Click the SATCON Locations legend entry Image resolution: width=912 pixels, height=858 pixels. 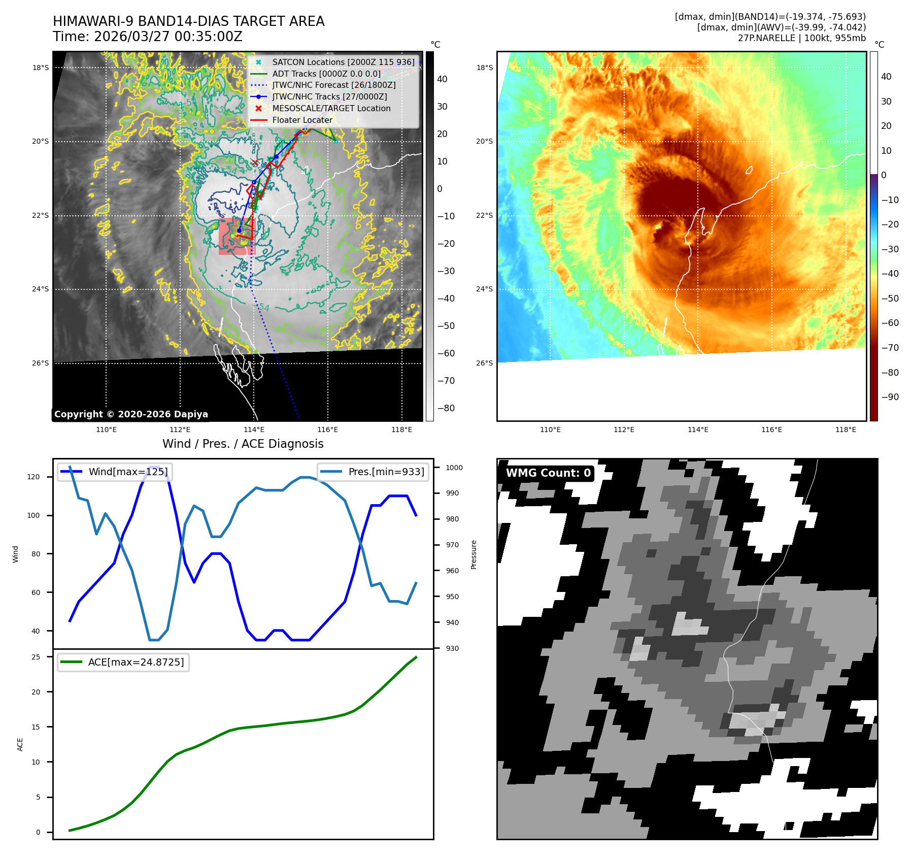pos(343,62)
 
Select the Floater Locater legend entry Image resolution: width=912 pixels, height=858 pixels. pos(302,120)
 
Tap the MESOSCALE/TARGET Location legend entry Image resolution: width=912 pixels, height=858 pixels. pos(331,108)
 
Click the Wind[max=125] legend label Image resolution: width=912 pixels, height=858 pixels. pos(128,472)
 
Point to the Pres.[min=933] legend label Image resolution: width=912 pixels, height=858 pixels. pos(386,472)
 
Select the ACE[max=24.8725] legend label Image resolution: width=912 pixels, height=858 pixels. pos(136,662)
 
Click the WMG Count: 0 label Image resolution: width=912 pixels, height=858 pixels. pos(548,473)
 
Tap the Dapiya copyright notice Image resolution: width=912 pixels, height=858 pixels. pos(131,414)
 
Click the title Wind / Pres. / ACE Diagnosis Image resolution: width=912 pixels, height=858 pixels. pos(243,444)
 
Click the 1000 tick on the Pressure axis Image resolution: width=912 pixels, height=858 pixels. pos(454,468)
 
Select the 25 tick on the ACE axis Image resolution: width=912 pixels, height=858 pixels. pos(36,657)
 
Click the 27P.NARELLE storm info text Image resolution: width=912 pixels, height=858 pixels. pos(801,38)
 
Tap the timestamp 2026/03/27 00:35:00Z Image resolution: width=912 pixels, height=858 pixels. pos(168,37)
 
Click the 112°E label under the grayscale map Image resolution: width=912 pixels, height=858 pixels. pos(180,430)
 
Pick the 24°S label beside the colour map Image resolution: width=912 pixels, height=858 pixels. pos(484,289)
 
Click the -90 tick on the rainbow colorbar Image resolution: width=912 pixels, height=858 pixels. pos(890,397)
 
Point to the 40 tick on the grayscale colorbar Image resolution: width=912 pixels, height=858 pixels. pos(442,79)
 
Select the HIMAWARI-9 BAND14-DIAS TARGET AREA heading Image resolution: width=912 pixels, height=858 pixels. pos(188,21)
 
